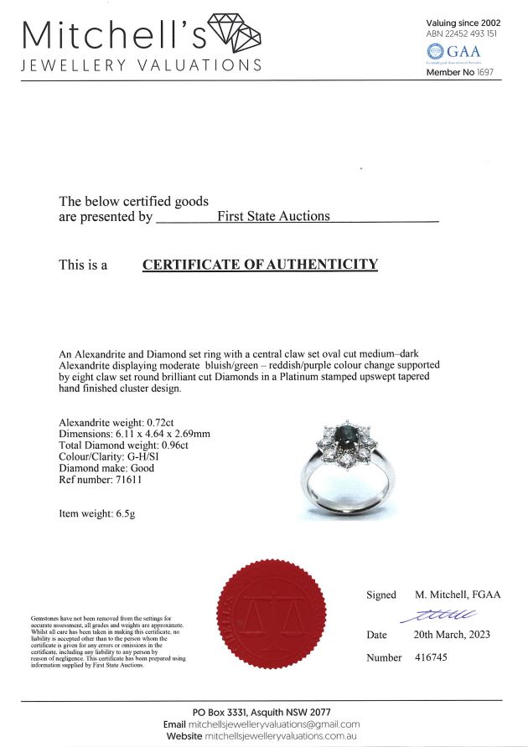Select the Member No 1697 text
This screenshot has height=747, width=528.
click(463, 73)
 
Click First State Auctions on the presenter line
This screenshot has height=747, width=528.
click(273, 216)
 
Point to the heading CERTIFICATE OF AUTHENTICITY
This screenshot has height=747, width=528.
click(260, 265)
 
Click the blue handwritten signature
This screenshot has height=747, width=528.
click(442, 616)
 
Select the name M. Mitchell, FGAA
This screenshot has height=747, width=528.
click(457, 595)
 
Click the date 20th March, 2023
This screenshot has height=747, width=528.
click(457, 635)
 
